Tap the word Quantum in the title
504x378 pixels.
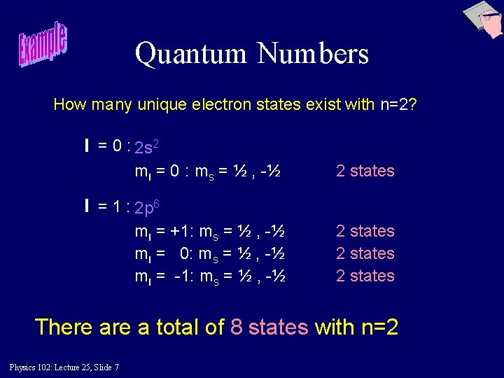point(190,54)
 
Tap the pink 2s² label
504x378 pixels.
point(149,148)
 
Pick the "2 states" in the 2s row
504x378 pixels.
point(365,171)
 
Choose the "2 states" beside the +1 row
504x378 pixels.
point(365,231)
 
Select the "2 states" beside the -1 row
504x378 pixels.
point(365,276)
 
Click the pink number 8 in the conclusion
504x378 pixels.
point(237,327)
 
